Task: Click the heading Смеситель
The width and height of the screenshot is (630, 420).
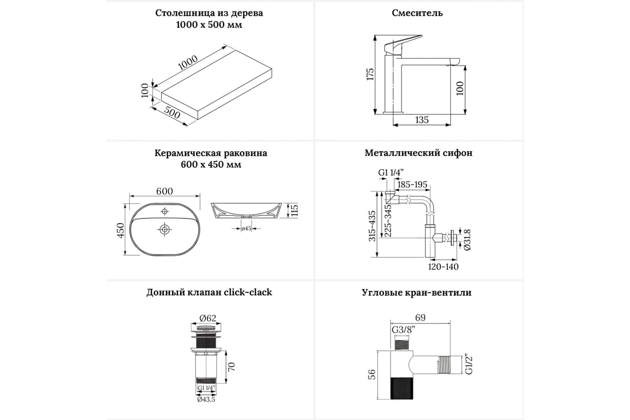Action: click(x=417, y=13)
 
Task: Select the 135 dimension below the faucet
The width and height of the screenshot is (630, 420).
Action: click(x=422, y=120)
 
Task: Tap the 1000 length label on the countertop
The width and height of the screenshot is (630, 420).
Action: click(x=187, y=62)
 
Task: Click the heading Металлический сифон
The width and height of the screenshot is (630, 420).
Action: click(x=418, y=153)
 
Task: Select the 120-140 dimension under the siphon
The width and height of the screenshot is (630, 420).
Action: click(x=443, y=267)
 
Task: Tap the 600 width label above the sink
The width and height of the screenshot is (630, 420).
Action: click(x=164, y=192)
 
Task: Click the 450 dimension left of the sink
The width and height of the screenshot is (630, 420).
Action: click(x=120, y=230)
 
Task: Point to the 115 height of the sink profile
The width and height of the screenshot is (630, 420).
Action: click(x=295, y=211)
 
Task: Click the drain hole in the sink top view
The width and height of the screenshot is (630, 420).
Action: click(x=165, y=229)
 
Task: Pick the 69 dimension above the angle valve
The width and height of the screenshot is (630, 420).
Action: click(x=419, y=317)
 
